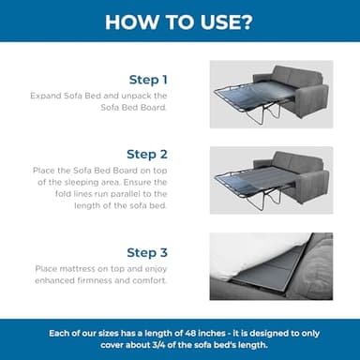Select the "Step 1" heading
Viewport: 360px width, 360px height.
(x=149, y=80)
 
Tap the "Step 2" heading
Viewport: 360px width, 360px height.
(x=148, y=154)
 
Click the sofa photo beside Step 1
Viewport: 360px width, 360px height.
(x=271, y=94)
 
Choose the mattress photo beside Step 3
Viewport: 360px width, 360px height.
(x=271, y=266)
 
